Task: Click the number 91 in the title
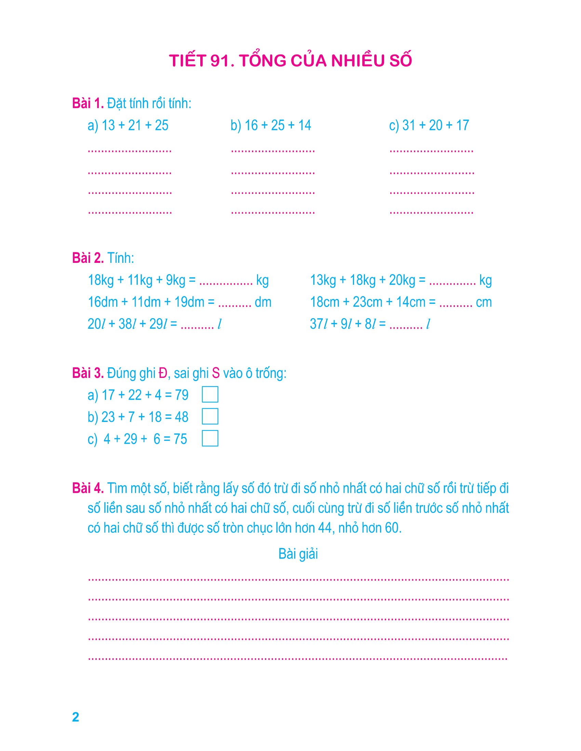pos(220,61)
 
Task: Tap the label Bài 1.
pos(88,103)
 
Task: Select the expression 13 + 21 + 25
pos(135,126)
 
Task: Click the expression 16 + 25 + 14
pos(278,126)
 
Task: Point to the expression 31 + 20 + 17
pos(435,126)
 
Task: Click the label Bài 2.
pos(88,258)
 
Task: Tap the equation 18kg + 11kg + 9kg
pos(141,280)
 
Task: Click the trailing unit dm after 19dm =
pos(263,302)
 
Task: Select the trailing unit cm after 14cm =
pos(484,302)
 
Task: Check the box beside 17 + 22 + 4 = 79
pos(210,394)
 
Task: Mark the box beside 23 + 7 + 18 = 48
pos(210,416)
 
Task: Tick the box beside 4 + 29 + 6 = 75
pos(210,438)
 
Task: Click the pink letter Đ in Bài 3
pos(163,373)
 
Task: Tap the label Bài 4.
pos(88,488)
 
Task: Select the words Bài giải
pos(298,554)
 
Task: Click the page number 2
pos(76,717)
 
